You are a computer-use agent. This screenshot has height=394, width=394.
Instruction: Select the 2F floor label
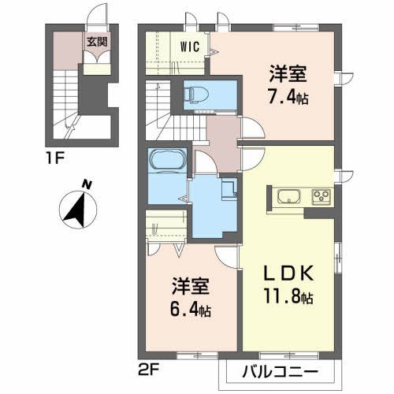(147, 366)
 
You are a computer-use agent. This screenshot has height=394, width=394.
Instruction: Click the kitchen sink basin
(286, 196)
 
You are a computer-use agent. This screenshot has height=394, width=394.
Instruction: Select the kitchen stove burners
(322, 196)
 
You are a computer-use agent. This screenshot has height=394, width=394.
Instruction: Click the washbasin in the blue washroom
(229, 189)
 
